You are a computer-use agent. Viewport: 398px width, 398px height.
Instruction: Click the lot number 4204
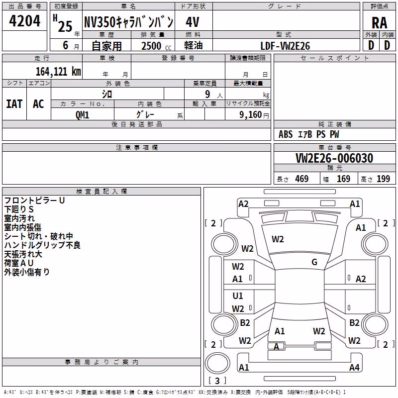[x=24, y=21]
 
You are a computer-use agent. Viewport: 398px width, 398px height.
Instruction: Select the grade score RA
[x=379, y=23]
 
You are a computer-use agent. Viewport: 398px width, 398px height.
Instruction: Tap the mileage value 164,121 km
[x=58, y=72]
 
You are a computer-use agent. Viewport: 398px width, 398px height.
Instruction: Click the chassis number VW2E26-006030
[x=334, y=158]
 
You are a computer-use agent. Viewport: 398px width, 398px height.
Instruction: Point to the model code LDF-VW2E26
[x=285, y=46]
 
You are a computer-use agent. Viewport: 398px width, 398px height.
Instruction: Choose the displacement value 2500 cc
[x=156, y=46]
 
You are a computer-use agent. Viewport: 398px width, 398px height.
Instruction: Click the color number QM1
[x=82, y=115]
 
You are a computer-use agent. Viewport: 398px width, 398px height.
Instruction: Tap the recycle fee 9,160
[x=251, y=115]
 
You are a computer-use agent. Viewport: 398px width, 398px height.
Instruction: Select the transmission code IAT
[x=14, y=104]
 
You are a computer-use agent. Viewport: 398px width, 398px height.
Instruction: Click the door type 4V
[x=193, y=22]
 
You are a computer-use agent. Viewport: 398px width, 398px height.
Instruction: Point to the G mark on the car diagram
[x=314, y=262]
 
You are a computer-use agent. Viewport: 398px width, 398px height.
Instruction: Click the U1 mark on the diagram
[x=238, y=296]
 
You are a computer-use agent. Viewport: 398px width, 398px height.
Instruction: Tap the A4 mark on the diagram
[x=354, y=367]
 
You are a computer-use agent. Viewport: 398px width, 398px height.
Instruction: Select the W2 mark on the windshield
[x=278, y=239]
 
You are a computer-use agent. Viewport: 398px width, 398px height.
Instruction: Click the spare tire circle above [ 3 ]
[x=217, y=363]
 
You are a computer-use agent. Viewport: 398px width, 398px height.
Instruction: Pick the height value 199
[x=383, y=179]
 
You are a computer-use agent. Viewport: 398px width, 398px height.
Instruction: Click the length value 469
[x=302, y=179]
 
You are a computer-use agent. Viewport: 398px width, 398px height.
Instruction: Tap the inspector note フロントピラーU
[x=34, y=200]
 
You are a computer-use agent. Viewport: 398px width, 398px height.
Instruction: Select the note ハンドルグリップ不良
[x=42, y=245]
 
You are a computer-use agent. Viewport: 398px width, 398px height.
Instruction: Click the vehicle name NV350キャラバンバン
[x=129, y=22]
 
